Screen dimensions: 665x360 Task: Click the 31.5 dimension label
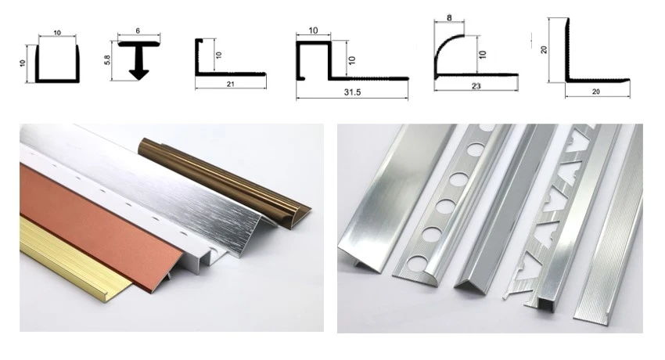[352, 92]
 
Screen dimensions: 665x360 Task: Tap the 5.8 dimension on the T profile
[107, 60]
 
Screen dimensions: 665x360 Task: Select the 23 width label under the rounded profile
[476, 86]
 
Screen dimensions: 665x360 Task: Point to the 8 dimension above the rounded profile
[449, 17]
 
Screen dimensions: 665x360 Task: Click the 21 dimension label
[230, 84]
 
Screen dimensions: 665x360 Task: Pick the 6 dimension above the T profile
[138, 31]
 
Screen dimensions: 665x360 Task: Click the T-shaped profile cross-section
[138, 60]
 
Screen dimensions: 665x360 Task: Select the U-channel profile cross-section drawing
[57, 63]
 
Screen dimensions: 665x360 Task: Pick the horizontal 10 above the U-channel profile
[57, 33]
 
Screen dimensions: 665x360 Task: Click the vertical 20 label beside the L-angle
[544, 49]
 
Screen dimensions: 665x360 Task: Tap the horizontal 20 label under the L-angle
[596, 92]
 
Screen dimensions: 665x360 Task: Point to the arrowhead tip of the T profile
[138, 80]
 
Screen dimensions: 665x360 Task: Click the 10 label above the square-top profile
[313, 31]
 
